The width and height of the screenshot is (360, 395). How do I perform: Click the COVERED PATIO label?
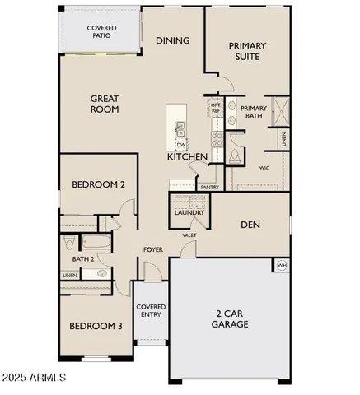click(102, 32)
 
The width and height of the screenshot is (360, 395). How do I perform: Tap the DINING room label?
click(172, 39)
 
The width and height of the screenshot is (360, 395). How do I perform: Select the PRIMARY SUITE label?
click(245, 51)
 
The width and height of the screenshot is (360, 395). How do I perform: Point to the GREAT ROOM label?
click(105, 103)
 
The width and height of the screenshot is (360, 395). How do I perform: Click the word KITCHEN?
click(187, 156)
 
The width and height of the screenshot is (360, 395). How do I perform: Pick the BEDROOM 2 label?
click(98, 184)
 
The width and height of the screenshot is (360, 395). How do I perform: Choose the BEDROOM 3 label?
click(96, 326)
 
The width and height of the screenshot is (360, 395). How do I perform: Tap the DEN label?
click(250, 223)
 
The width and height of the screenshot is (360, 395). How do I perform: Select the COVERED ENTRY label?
click(151, 310)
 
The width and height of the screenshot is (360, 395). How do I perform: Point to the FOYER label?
click(152, 249)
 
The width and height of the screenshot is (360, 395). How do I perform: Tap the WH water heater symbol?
click(282, 264)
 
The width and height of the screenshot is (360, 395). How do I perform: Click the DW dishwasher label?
click(180, 144)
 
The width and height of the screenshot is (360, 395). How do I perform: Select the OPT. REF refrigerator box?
click(216, 107)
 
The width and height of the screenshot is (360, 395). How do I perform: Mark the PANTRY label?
click(209, 187)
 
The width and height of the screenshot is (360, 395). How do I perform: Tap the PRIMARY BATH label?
click(254, 112)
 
